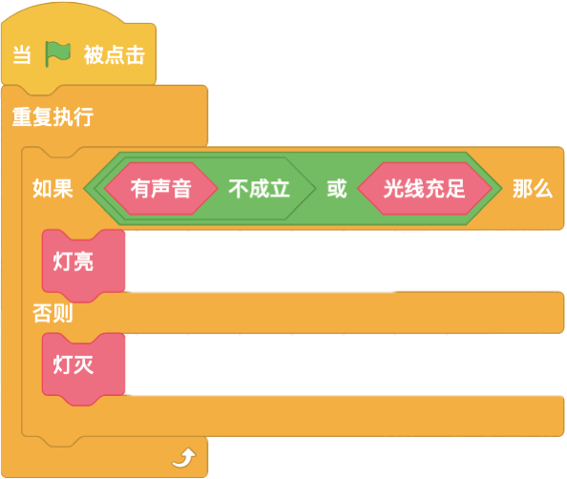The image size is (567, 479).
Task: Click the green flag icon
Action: pos(58,53)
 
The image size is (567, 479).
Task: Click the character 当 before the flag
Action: pos(21,55)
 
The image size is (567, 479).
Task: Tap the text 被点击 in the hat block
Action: pos(115,55)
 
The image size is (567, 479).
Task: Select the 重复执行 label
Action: pos(52,116)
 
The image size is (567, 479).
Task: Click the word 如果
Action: pos(52,188)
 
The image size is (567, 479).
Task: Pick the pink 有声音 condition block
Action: pos(161,188)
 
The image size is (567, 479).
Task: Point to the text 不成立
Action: pos(259,188)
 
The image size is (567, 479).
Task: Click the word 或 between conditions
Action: pos(337,188)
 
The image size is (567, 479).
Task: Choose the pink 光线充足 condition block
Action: pos(425,188)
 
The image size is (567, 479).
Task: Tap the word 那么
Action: pos(533,188)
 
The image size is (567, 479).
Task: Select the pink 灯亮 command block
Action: pos(84,265)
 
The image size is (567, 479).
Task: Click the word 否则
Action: pos(52,313)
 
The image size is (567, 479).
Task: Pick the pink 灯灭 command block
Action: pos(84,369)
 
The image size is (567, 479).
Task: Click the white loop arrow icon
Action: pos(184,458)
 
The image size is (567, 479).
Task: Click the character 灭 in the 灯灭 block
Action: pos(84,364)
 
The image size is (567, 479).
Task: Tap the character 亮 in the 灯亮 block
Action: pos(84,261)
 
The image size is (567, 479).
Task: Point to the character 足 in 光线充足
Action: pos(455,188)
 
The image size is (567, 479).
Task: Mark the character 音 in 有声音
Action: pos(181,188)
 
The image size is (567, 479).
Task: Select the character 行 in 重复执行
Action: pos(84,116)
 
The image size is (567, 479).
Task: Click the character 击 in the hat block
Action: pos(136,55)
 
